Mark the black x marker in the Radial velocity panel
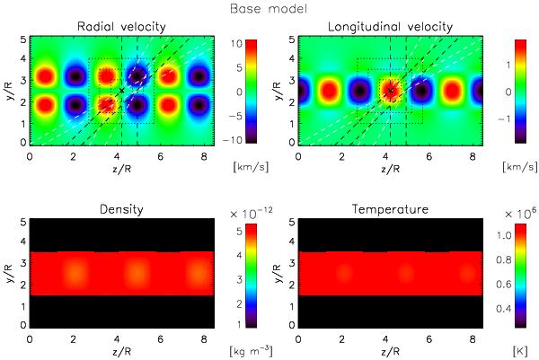click(x=121, y=91)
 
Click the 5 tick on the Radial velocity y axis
click(x=24, y=40)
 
